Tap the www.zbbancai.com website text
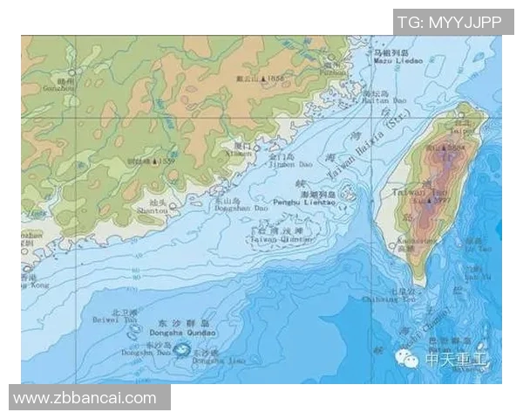point(85,398)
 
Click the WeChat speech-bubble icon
point(407,358)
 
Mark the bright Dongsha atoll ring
point(182,351)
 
